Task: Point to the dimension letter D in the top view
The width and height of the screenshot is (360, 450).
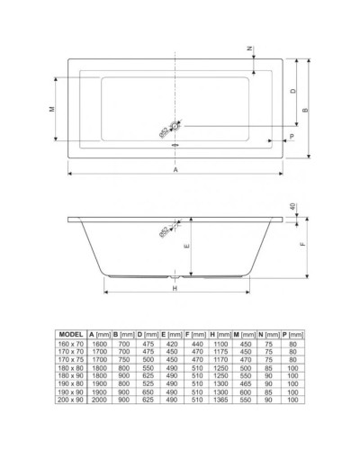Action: click(x=292, y=91)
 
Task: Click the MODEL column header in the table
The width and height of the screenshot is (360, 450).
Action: click(x=70, y=334)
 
